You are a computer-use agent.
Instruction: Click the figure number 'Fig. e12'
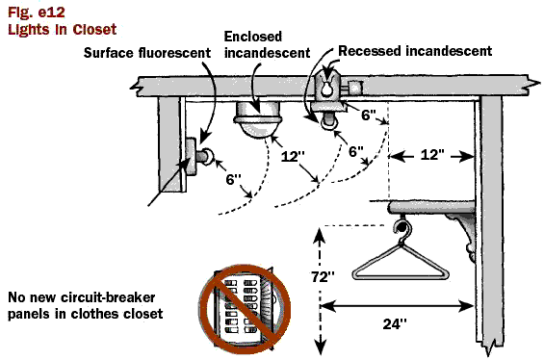pos(36,13)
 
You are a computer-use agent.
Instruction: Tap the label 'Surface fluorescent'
pos(147,53)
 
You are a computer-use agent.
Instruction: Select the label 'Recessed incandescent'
pos(415,51)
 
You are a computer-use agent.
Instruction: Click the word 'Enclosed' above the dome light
pos(253,37)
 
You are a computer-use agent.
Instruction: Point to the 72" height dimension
pos(323,277)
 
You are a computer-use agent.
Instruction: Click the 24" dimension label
pos(395,324)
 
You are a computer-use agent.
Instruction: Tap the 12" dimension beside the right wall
pos(432,155)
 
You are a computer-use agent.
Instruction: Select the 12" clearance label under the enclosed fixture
pos(293,156)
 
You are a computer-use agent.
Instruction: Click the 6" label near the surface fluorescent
pos(233,179)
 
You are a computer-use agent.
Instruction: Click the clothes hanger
pos(401,258)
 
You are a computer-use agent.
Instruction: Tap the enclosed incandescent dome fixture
pos(257,119)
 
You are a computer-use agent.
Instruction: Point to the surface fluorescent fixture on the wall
pos(197,157)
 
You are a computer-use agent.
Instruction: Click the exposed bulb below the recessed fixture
pos(328,122)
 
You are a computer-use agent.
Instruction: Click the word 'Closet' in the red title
pos(94,30)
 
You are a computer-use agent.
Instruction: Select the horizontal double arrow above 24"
pos(397,306)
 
